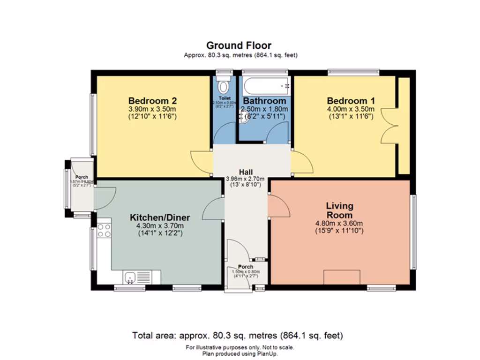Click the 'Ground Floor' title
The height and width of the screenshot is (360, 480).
pos(239,45)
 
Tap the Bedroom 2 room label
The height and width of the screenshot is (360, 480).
pos(152,101)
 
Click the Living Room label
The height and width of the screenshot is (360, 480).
pos(339,210)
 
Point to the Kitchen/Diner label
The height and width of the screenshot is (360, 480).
pos(159,217)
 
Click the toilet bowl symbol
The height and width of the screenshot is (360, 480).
pos(224,86)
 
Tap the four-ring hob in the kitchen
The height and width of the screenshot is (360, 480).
pos(104,230)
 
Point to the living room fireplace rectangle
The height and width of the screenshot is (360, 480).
pos(342,277)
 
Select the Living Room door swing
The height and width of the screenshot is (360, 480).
pos(278,206)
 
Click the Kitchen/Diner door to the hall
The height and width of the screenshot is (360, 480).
pos(213,208)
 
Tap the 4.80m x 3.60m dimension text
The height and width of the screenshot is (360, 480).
pos(339,223)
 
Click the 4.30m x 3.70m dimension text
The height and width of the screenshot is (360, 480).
pos(159,225)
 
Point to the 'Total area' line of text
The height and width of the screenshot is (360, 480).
pos(238,336)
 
